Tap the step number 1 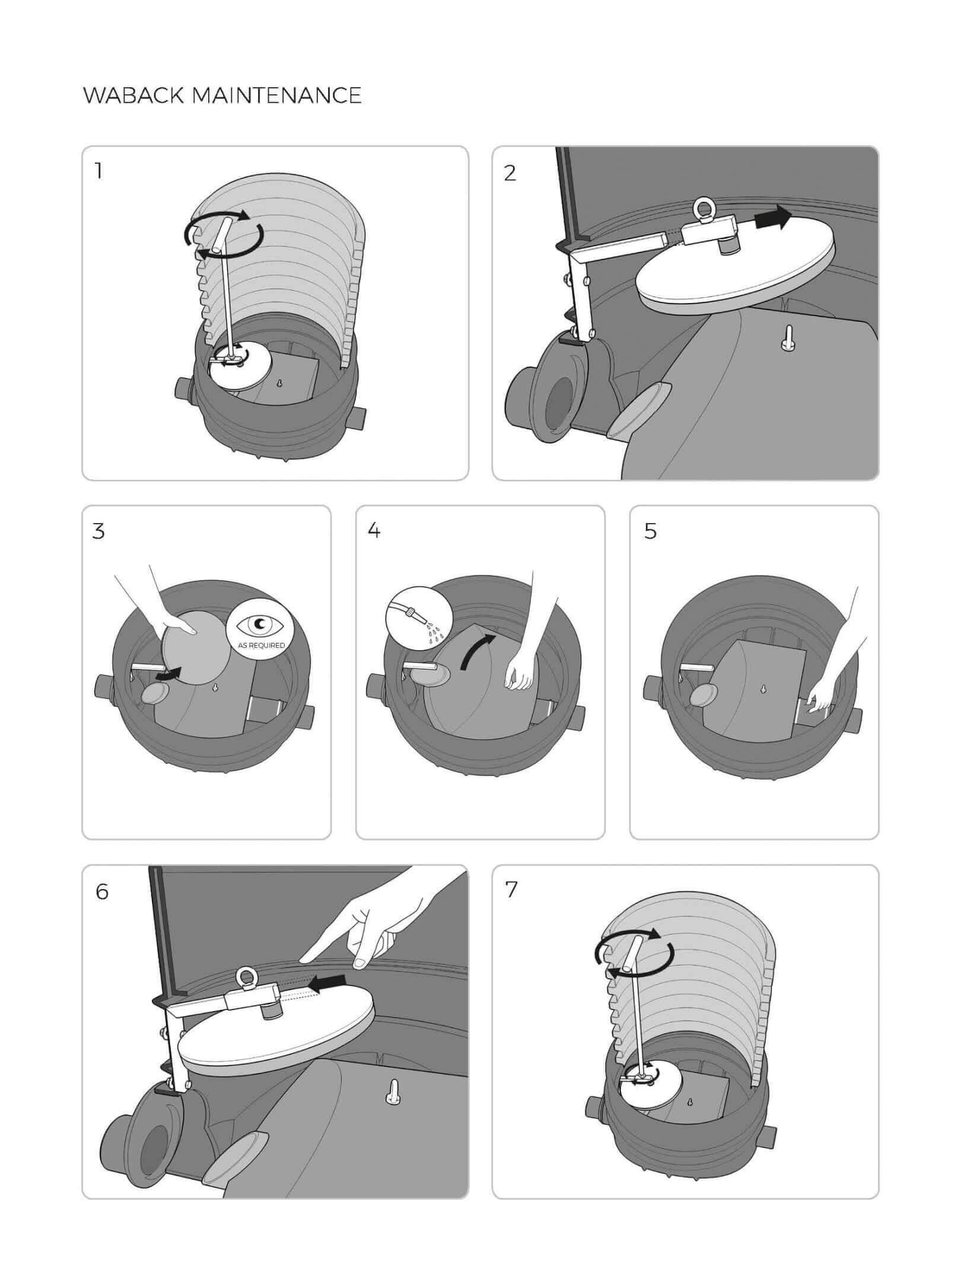click(98, 171)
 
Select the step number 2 click(510, 173)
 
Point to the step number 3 click(98, 531)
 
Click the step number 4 click(374, 531)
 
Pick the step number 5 click(650, 531)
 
